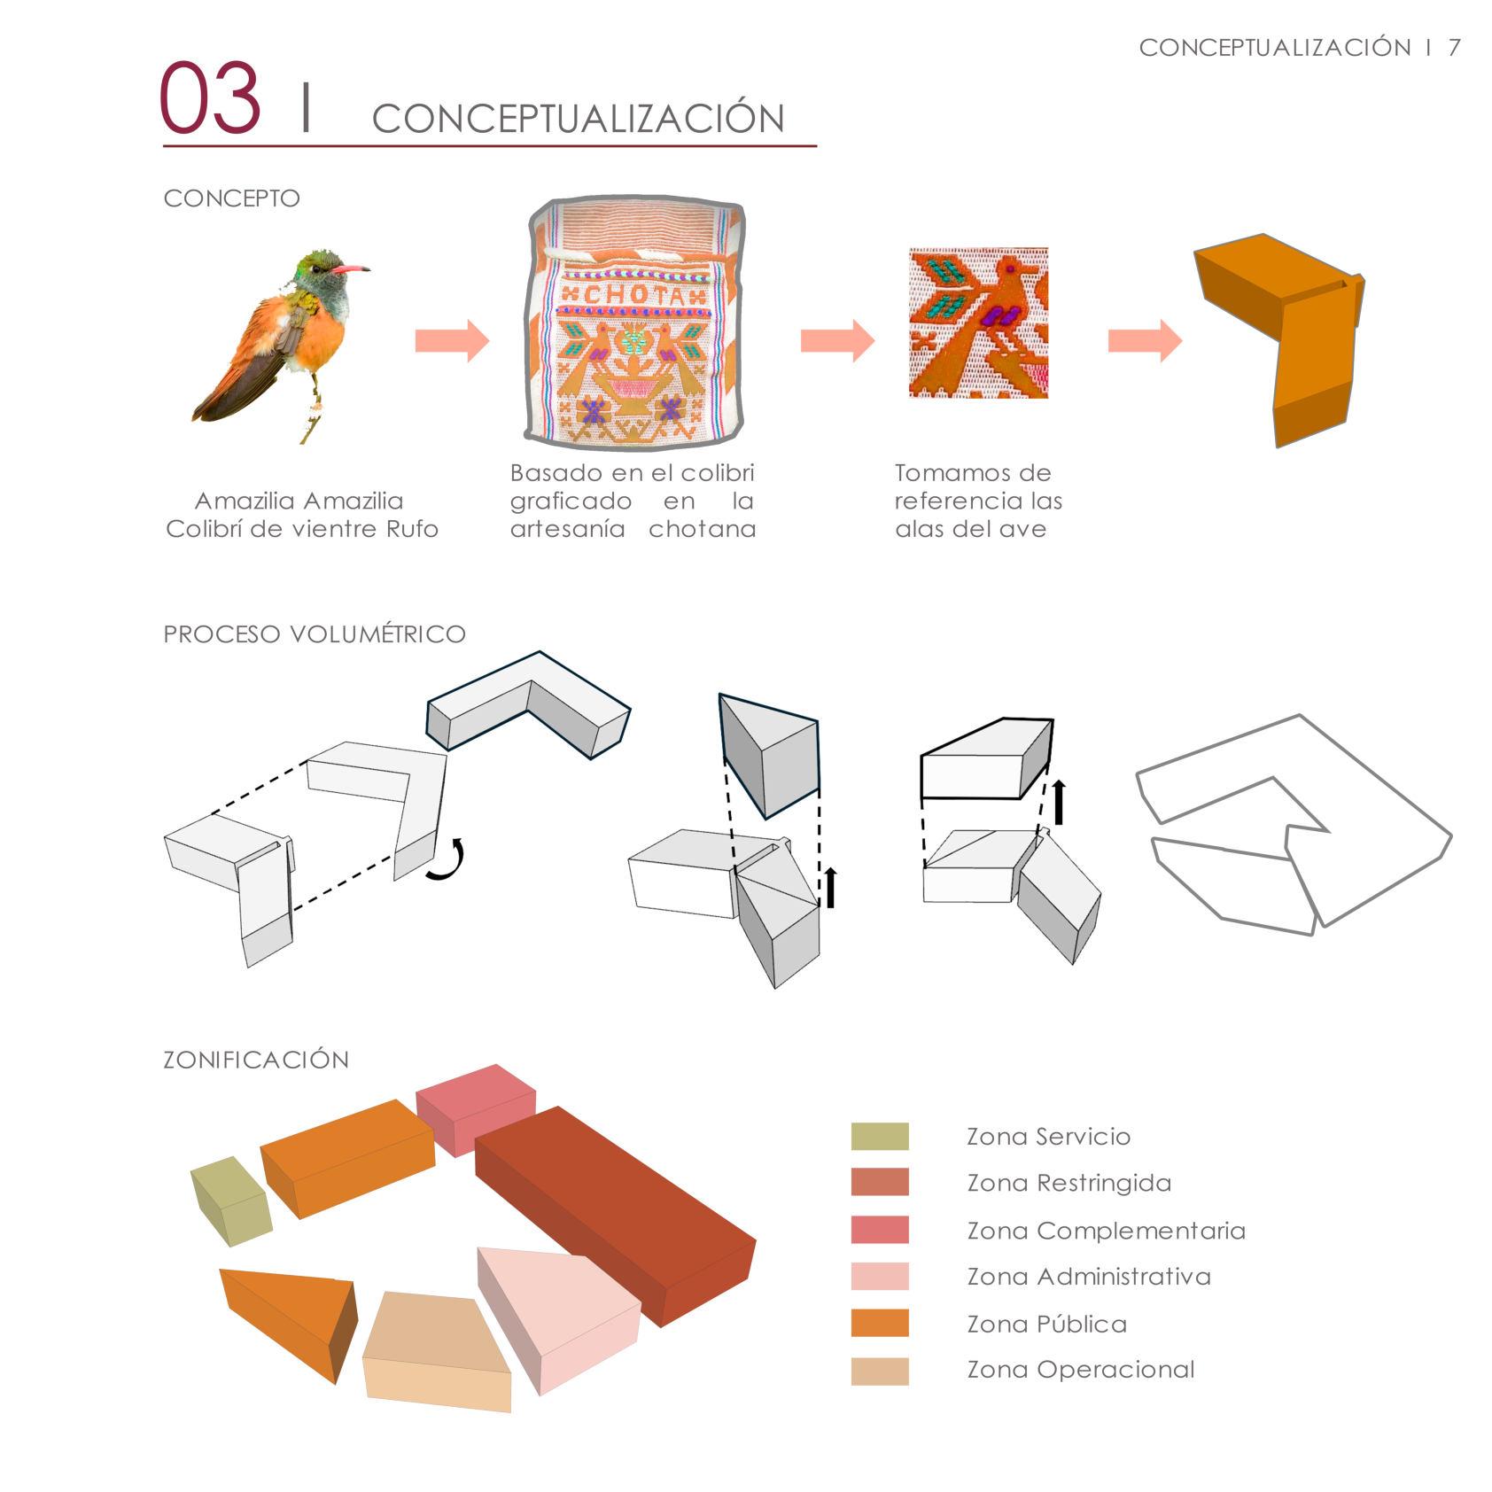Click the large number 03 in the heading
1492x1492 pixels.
[x=211, y=97]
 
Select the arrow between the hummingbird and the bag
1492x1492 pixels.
[x=452, y=341]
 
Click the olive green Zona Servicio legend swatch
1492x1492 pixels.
[x=880, y=1137]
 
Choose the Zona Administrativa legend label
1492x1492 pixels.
[x=1088, y=1277]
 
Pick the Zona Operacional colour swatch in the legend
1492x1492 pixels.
[x=880, y=1371]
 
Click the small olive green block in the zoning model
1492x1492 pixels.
[x=229, y=1201]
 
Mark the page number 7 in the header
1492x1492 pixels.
[x=1454, y=48]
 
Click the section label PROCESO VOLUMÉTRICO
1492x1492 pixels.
[x=315, y=634]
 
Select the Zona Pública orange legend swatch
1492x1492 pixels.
[x=880, y=1323]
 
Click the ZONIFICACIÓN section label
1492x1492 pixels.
[x=256, y=1060]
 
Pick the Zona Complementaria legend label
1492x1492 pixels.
[x=1106, y=1231]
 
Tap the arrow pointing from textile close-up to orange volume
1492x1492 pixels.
[x=1145, y=341]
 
